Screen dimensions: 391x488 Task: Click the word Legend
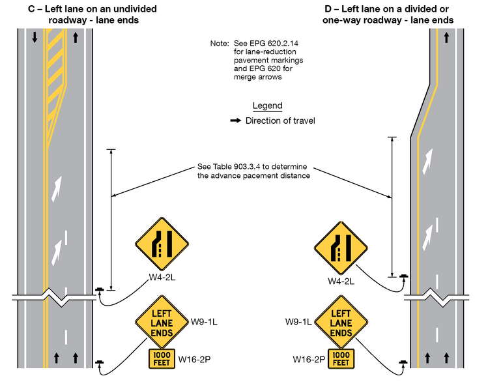tap(267, 106)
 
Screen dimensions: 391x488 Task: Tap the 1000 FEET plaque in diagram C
tap(162, 358)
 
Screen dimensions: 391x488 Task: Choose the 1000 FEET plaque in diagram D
tap(341, 358)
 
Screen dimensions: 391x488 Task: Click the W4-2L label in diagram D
tap(341, 282)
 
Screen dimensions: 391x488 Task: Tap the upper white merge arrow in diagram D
tap(427, 158)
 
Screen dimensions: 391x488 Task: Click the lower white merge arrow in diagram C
tap(59, 248)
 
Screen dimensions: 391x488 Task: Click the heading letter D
tap(328, 9)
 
